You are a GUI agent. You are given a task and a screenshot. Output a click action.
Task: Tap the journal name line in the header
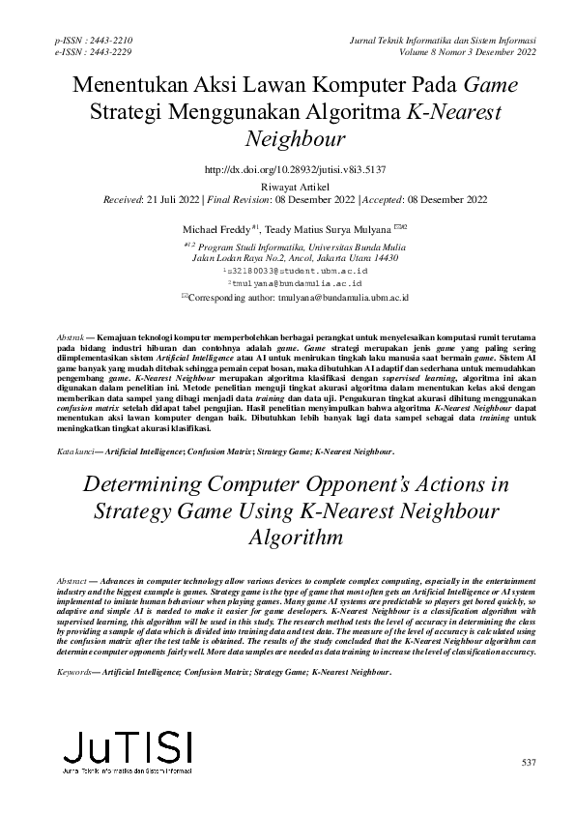tap(434, 40)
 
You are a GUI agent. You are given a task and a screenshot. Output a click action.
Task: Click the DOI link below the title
tap(287, 168)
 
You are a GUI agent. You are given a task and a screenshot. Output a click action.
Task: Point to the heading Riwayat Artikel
tap(287, 184)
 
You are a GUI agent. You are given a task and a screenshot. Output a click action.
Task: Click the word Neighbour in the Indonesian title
tap(287, 138)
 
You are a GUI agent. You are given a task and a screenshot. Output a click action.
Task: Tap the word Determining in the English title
tap(140, 485)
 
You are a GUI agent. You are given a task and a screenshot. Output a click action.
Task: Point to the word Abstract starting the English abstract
tap(74, 575)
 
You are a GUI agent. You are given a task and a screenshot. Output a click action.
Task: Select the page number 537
tap(527, 764)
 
